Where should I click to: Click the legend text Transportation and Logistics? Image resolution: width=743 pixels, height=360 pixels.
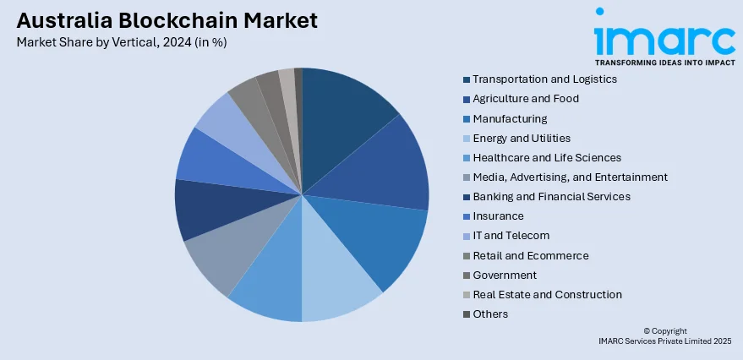[x=544, y=79]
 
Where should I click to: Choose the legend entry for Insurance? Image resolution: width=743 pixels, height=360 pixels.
[x=498, y=216]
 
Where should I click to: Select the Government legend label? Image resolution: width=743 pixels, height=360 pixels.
[x=505, y=275]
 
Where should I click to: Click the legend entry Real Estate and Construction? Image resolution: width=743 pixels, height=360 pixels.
[x=547, y=295]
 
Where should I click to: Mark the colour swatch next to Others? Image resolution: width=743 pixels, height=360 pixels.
[x=467, y=314]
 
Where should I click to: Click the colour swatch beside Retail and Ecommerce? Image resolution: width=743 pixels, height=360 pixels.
[x=467, y=256]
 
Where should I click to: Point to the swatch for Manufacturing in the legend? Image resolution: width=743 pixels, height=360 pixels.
[x=467, y=119]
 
